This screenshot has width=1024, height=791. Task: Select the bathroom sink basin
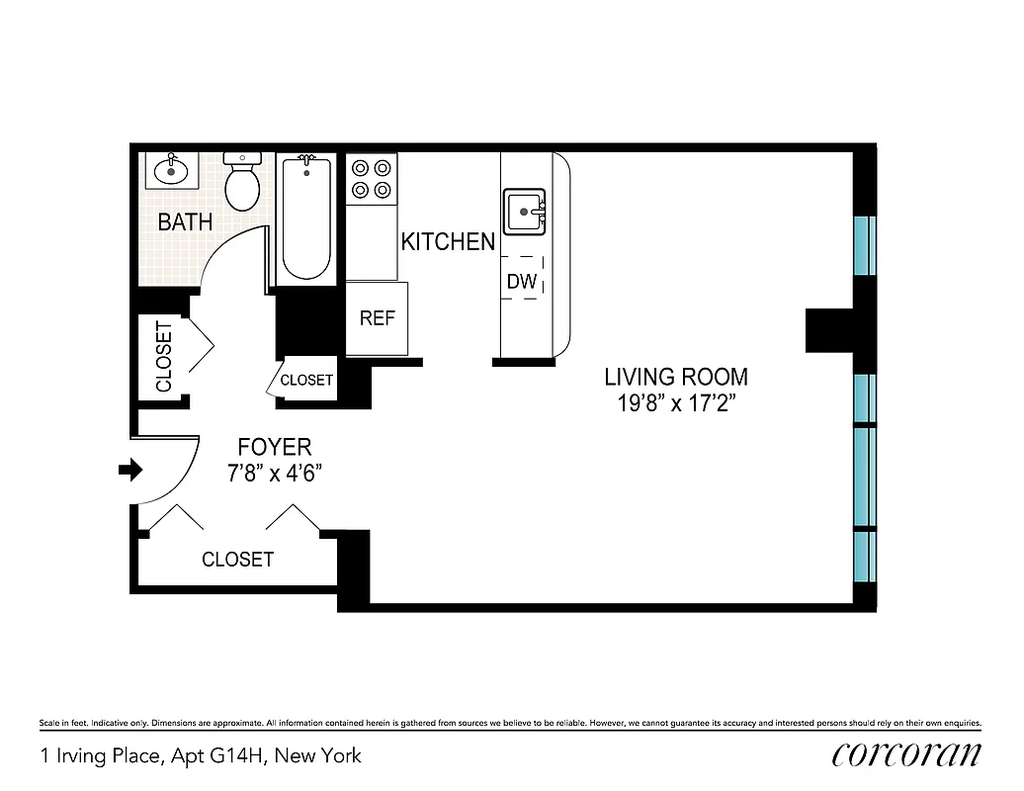tap(173, 169)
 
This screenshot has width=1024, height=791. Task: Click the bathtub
tap(306, 220)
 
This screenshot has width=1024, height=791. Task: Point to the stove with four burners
tap(372, 178)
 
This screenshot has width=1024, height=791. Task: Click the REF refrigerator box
tap(377, 318)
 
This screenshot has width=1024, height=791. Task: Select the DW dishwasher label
tap(522, 282)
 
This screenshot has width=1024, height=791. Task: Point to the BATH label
tap(185, 221)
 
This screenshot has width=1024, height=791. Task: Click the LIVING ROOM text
tap(676, 377)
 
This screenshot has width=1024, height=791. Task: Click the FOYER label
tap(275, 447)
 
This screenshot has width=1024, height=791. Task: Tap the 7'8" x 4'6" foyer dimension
tap(275, 473)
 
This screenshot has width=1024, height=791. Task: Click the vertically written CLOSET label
tap(163, 356)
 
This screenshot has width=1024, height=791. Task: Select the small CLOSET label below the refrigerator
tap(306, 381)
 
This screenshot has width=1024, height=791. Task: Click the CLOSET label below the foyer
tap(237, 560)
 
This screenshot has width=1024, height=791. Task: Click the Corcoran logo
tap(906, 754)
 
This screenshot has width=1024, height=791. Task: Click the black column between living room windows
tap(830, 330)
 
